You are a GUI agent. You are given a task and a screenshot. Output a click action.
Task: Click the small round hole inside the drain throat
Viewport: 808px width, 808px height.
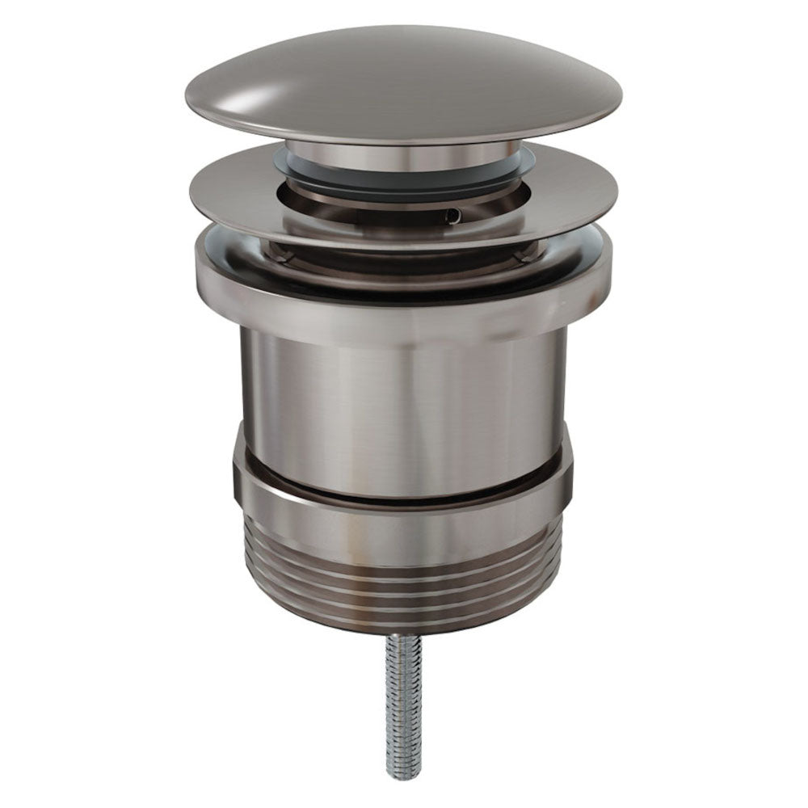point(455,216)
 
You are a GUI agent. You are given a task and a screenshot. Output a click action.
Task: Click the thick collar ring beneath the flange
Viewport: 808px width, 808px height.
point(404,307)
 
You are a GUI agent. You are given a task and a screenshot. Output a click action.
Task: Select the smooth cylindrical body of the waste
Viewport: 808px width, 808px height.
point(404,404)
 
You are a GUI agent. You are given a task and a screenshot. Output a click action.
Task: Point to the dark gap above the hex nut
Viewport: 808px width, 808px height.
point(404,494)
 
